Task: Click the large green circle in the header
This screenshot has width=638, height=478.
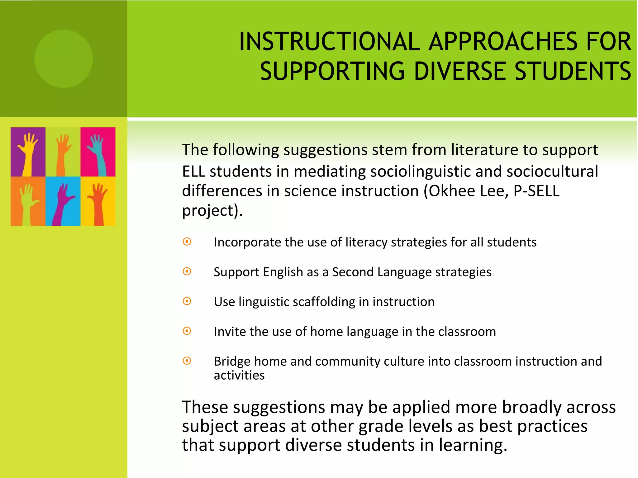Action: pos(64,59)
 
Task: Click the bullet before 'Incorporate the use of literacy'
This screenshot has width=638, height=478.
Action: pos(187,242)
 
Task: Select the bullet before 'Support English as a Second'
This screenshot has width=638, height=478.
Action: pos(187,272)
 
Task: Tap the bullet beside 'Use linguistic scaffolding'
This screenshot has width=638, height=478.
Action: pos(187,301)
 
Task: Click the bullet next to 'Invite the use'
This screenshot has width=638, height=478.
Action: pos(187,331)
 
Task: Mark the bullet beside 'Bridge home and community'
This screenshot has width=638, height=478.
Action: pos(187,361)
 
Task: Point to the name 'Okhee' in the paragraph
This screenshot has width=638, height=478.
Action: pos(452,191)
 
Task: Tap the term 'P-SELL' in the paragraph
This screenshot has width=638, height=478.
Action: pos(536,191)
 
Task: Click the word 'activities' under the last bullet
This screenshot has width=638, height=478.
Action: pos(239,375)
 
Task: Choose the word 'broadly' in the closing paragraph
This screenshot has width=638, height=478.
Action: pos(531,407)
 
